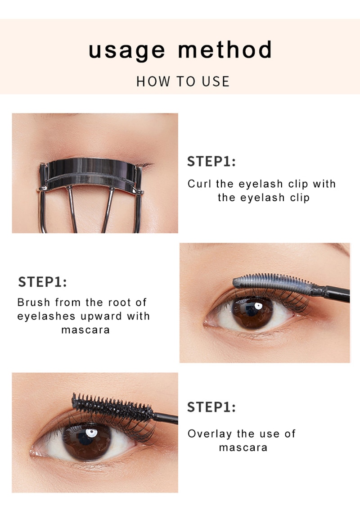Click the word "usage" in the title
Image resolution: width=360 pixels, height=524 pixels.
[x=126, y=50]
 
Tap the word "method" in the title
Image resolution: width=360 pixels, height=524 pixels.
[x=225, y=50]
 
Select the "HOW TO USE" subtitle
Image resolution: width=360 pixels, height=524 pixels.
[x=183, y=81]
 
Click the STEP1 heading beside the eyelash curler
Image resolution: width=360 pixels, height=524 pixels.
[x=211, y=162]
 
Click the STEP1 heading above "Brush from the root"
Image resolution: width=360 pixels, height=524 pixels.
[x=42, y=282]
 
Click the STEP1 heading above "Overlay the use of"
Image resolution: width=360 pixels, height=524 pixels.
[x=211, y=407]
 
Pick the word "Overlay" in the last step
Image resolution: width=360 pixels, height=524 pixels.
[x=209, y=434]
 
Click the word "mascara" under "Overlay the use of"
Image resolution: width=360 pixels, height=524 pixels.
[x=243, y=448]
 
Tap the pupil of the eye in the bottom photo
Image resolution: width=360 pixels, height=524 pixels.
[x=86, y=440]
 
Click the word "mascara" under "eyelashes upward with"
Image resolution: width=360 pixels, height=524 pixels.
[x=85, y=330]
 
